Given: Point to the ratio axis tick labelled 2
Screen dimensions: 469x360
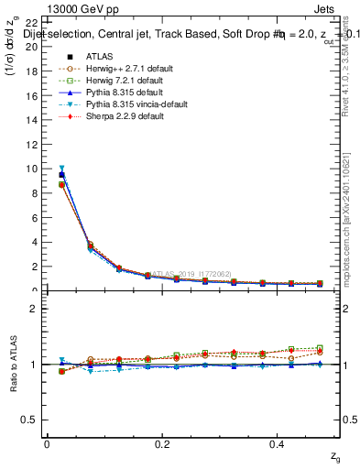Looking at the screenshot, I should click(x=33, y=309).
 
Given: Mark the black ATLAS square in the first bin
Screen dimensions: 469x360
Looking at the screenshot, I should click(x=61, y=174).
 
